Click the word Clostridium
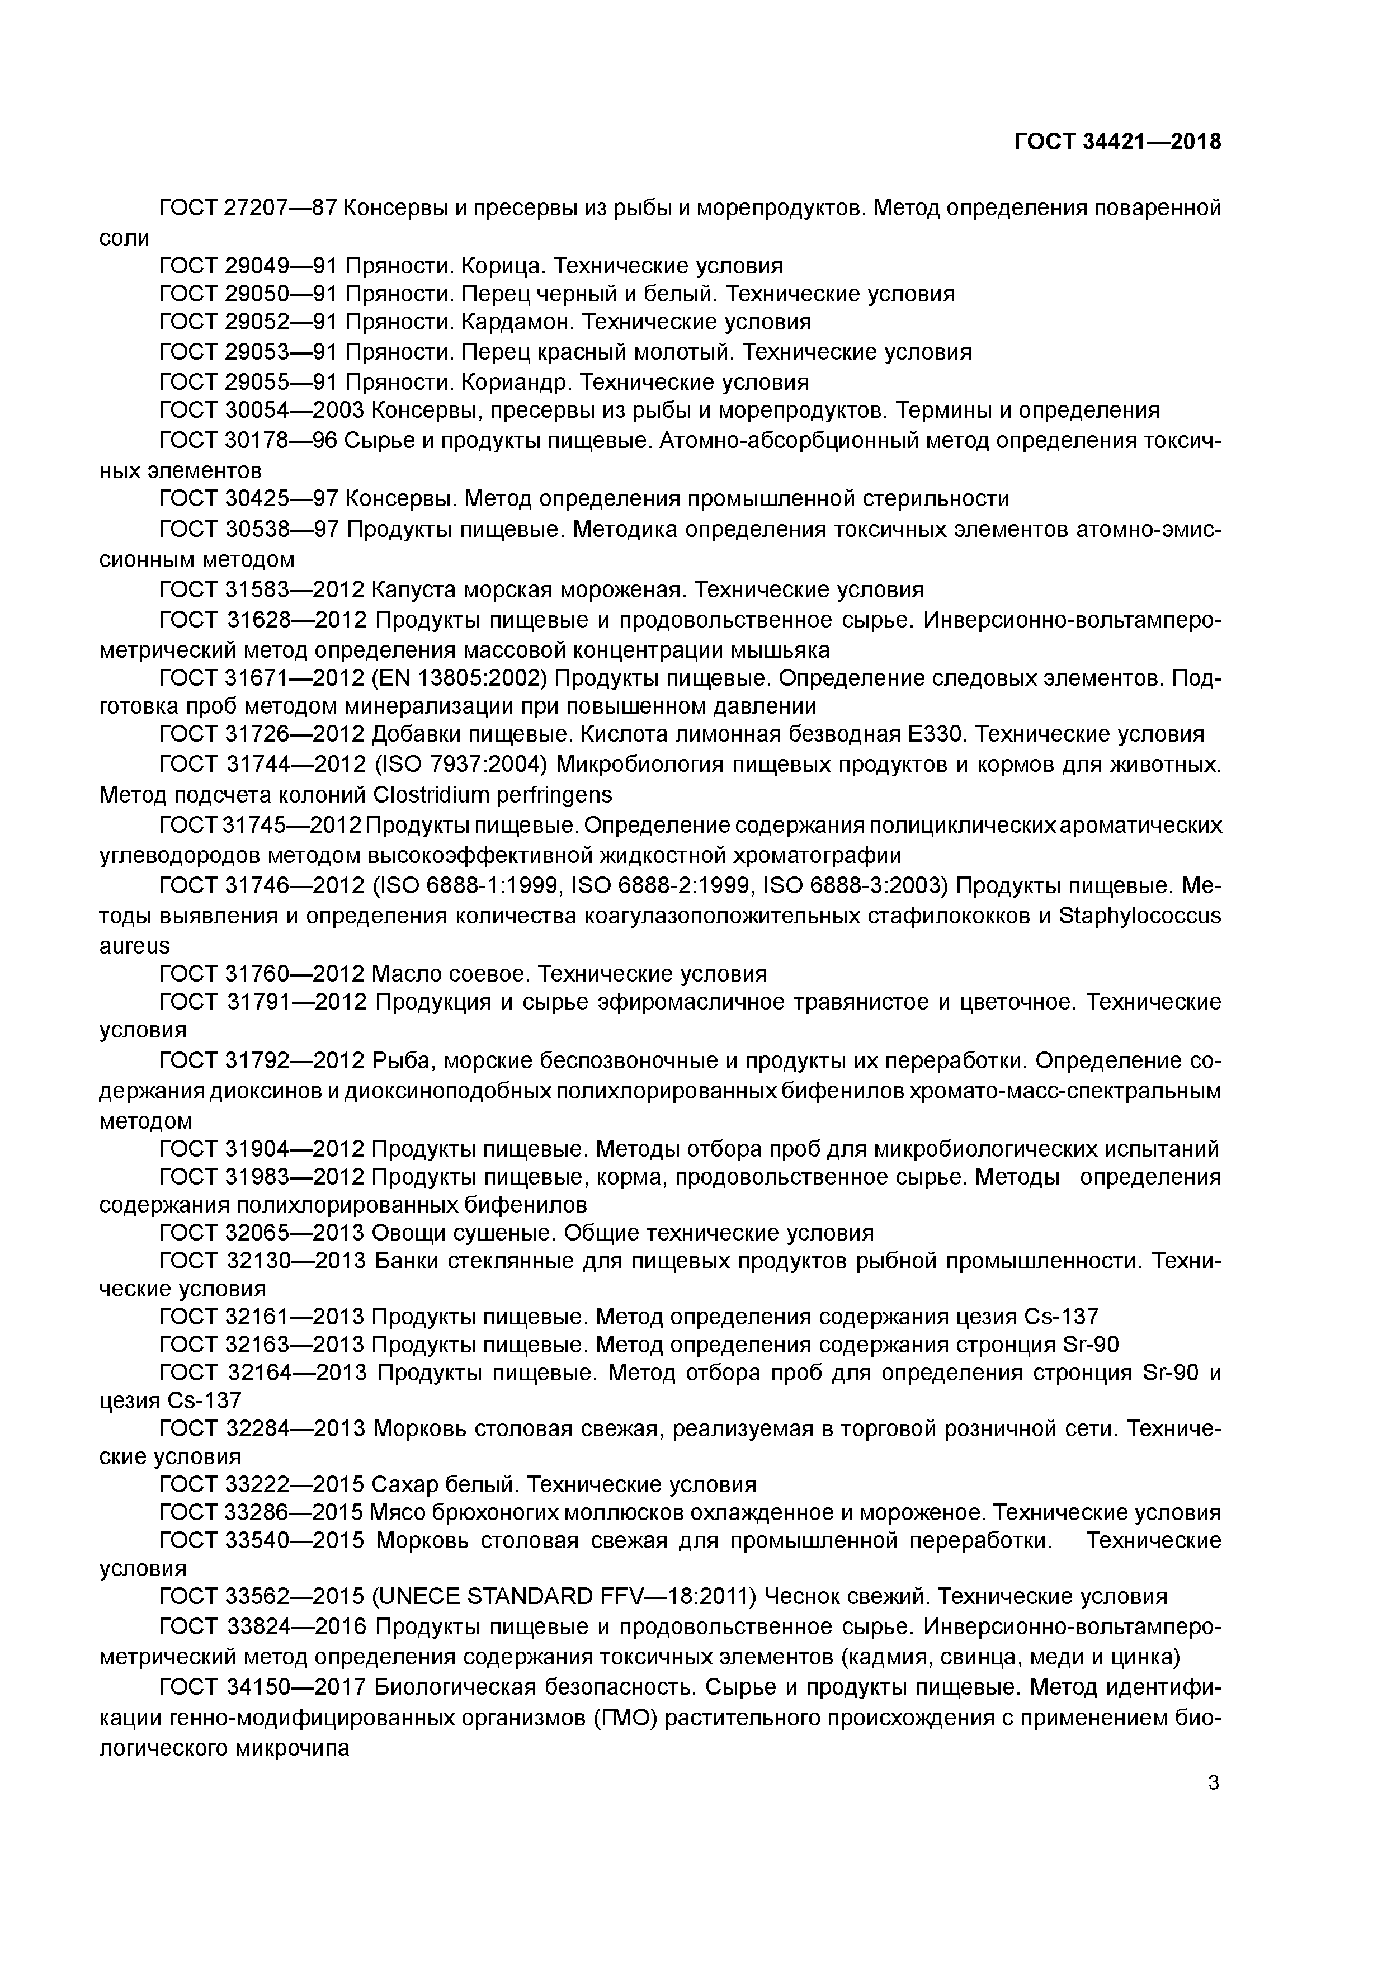pos(430,795)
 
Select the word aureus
pos(134,946)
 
